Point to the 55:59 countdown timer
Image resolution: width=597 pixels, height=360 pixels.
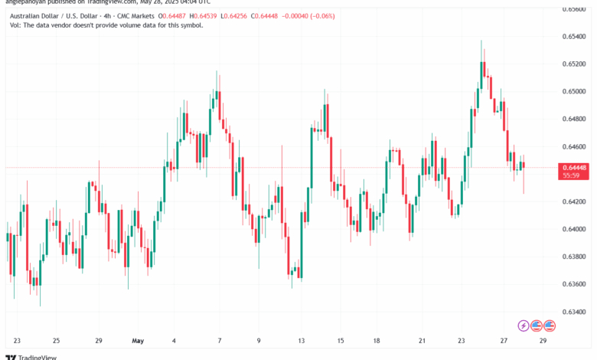(x=569, y=175)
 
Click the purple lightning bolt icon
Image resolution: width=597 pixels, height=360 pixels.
(x=524, y=325)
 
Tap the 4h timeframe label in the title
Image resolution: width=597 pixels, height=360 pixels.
(x=103, y=14)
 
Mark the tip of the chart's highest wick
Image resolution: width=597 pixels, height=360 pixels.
(x=481, y=41)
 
